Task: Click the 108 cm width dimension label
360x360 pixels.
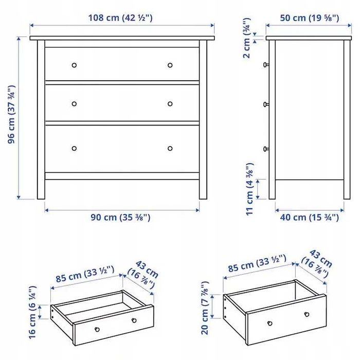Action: (x=122, y=18)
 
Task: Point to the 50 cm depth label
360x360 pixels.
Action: (x=309, y=18)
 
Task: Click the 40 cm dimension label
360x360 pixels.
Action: (x=309, y=218)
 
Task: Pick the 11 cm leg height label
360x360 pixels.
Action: (x=249, y=189)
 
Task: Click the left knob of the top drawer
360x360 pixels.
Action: (x=74, y=65)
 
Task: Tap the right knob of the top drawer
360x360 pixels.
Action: (x=170, y=65)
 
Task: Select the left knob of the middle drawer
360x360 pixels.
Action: (x=74, y=104)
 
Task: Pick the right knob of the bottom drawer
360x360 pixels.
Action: (x=170, y=149)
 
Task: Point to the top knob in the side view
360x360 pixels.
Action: (x=266, y=65)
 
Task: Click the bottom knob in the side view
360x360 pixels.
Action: (x=266, y=149)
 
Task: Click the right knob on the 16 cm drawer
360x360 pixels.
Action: (x=134, y=320)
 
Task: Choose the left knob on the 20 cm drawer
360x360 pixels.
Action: (x=269, y=323)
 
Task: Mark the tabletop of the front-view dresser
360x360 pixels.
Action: (x=122, y=38)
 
